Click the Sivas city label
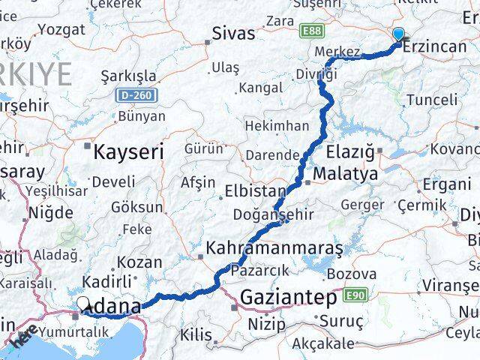[233, 34]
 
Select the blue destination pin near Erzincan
[398, 34]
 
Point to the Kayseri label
[128, 152]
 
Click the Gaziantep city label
[288, 298]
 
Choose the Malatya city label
[346, 174]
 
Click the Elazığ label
[352, 152]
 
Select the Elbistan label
[255, 192]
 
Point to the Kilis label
[196, 334]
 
